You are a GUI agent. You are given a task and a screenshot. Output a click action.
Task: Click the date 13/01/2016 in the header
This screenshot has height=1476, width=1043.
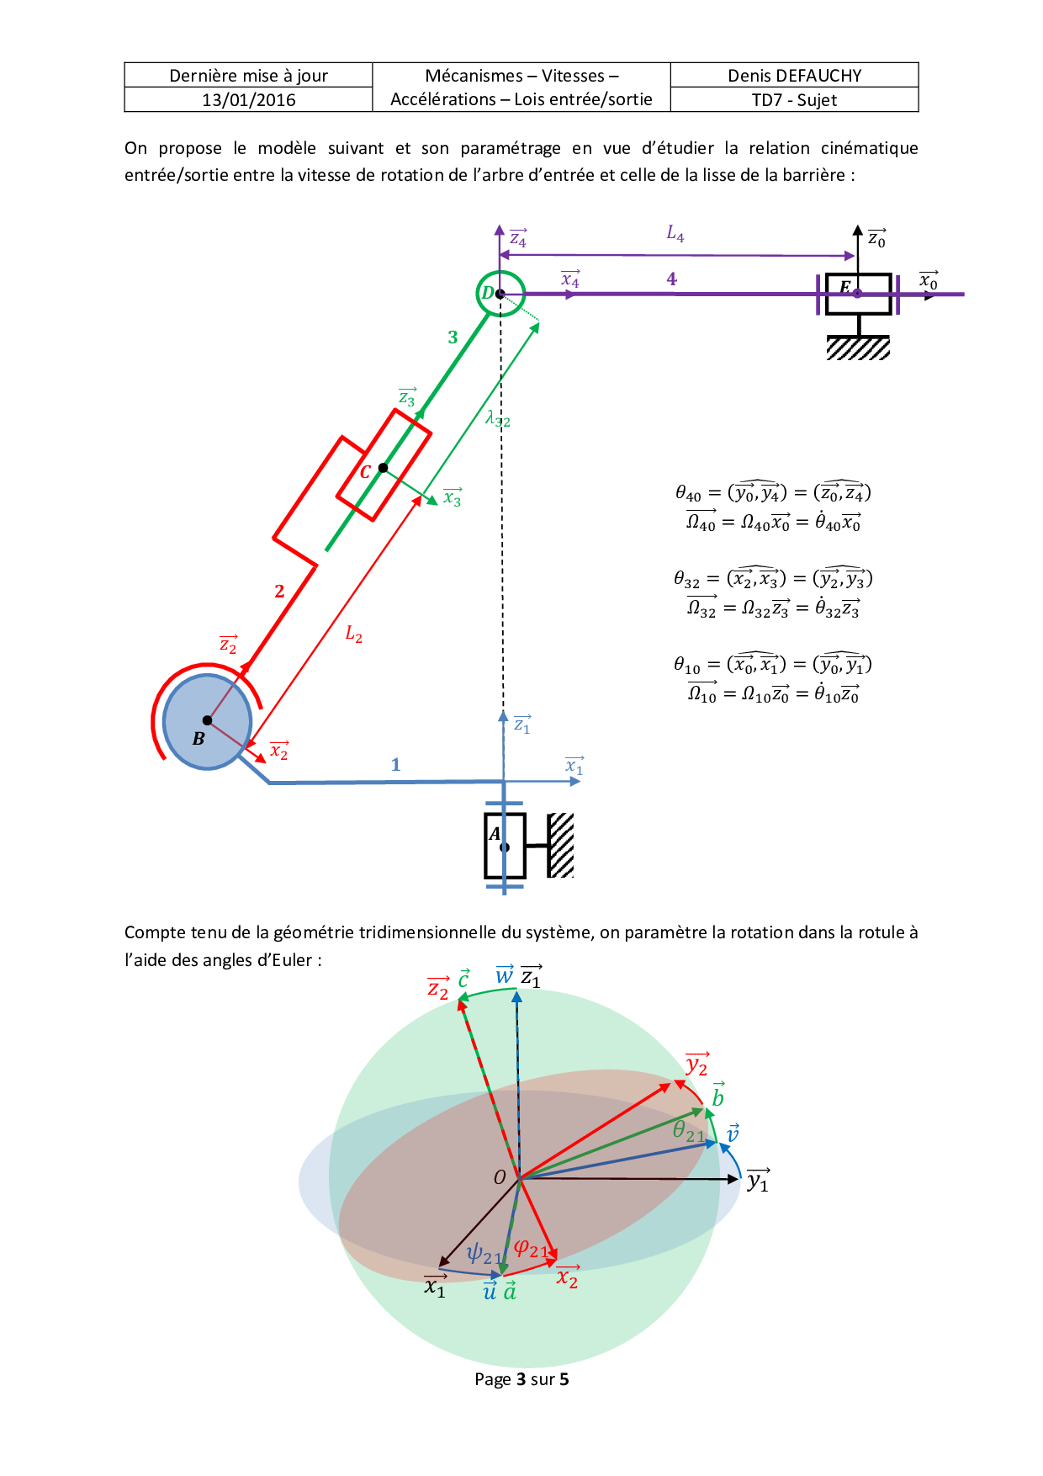tap(248, 100)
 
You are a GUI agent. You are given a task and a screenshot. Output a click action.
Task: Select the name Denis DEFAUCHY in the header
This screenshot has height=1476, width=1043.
tap(794, 76)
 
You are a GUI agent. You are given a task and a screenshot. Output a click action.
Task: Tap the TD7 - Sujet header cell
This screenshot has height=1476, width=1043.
tap(794, 100)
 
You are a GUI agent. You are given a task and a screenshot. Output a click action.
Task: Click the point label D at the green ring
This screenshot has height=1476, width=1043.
tap(487, 293)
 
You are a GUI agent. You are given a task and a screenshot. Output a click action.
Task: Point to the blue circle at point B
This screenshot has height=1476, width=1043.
tap(207, 721)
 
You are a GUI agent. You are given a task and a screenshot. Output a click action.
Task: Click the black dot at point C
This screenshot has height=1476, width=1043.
tap(384, 468)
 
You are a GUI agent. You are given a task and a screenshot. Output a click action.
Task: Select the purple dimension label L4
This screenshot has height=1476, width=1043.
tap(675, 234)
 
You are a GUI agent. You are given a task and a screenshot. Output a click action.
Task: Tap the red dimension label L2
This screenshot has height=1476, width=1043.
tap(354, 634)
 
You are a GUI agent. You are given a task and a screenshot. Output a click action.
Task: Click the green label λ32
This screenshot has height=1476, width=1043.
tap(497, 418)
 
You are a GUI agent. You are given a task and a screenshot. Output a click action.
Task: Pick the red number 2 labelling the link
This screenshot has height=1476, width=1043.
tap(279, 592)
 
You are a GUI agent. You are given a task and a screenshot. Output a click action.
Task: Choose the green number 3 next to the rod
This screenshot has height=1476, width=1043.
tap(453, 337)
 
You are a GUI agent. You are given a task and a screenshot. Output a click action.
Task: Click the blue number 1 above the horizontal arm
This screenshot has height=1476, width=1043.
tap(395, 765)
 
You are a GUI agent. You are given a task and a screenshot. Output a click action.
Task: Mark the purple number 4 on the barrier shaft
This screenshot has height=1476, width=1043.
tap(671, 279)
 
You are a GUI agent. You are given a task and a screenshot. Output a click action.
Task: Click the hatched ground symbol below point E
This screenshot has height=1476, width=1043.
tap(858, 348)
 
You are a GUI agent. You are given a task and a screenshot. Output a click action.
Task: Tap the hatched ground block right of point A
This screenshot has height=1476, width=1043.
tap(561, 845)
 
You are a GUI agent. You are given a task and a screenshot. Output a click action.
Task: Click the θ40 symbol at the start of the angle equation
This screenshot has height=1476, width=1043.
tap(688, 494)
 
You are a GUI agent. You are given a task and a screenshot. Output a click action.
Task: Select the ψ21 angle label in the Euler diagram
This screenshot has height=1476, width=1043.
tap(484, 1254)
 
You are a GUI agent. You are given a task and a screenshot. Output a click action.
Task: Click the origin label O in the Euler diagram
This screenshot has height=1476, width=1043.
tap(500, 1177)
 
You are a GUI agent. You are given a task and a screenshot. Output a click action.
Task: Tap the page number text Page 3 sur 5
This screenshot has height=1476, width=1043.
tap(521, 1379)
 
